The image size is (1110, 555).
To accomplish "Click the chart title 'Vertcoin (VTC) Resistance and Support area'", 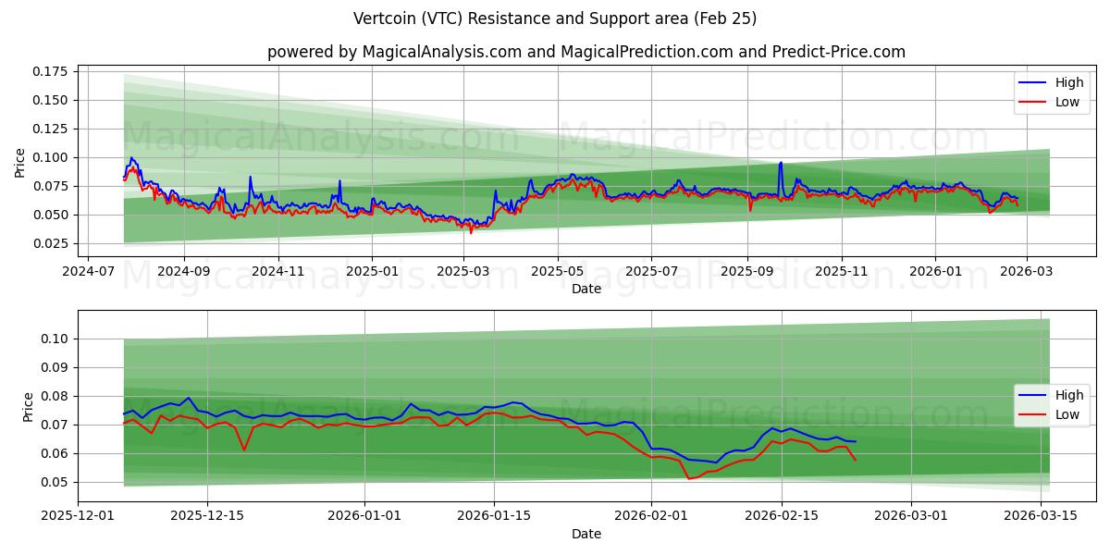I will click(x=554, y=18).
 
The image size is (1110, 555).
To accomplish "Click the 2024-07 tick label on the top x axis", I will click(x=88, y=273).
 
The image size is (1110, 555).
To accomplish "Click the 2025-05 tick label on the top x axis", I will click(x=558, y=273).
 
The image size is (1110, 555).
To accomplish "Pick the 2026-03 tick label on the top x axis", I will click(x=1030, y=273).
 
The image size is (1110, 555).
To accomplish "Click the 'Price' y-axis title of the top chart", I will click(x=20, y=163).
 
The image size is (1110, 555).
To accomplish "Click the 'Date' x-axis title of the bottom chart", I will click(x=586, y=534).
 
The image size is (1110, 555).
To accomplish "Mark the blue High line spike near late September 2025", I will click(x=781, y=164).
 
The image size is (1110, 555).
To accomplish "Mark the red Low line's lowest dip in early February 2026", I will click(x=689, y=478).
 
